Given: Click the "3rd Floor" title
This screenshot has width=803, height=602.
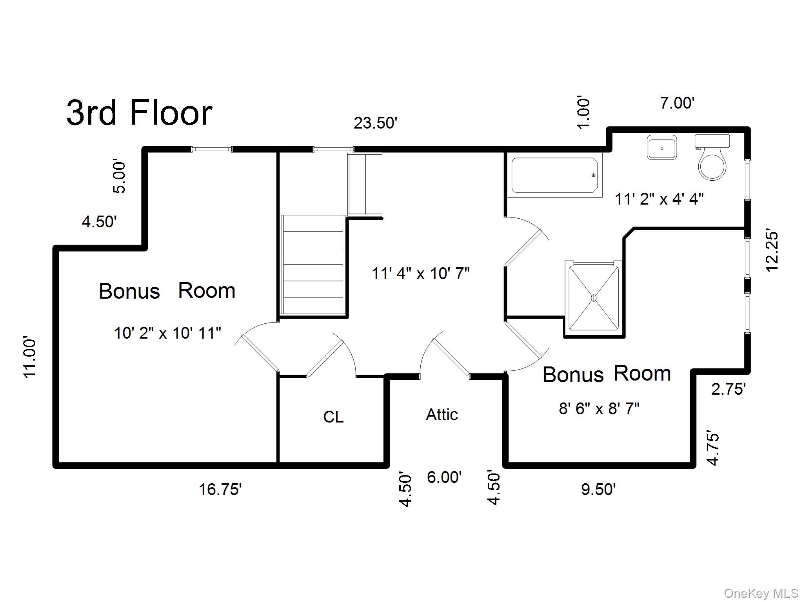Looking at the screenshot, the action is point(139,112).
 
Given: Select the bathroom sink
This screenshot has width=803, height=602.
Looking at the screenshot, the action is point(662,147).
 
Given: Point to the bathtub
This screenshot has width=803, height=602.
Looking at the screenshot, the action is point(555,175).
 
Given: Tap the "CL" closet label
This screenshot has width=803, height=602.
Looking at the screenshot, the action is point(333,417).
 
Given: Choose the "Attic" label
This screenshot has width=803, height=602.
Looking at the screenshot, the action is point(442,414).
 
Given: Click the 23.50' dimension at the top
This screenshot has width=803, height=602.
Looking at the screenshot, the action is point(376,123).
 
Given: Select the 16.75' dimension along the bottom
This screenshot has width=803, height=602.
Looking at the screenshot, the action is point(220,490).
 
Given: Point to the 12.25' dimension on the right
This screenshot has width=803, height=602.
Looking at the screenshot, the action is point(772,251).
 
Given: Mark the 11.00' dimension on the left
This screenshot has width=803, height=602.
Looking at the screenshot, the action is point(30,357).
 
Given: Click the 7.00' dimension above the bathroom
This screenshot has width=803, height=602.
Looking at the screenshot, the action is point(678,103).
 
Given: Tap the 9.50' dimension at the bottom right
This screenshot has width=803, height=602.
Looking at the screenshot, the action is point(598,490).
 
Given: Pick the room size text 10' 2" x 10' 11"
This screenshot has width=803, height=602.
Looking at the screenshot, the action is point(167,333).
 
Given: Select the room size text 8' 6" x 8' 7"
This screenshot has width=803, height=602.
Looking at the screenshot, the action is point(599,409).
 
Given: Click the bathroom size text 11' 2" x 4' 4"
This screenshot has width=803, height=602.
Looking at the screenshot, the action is point(659,199).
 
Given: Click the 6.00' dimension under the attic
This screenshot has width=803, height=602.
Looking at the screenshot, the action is point(444,477).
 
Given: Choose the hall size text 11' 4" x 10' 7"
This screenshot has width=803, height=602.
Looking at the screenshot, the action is point(421,273).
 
